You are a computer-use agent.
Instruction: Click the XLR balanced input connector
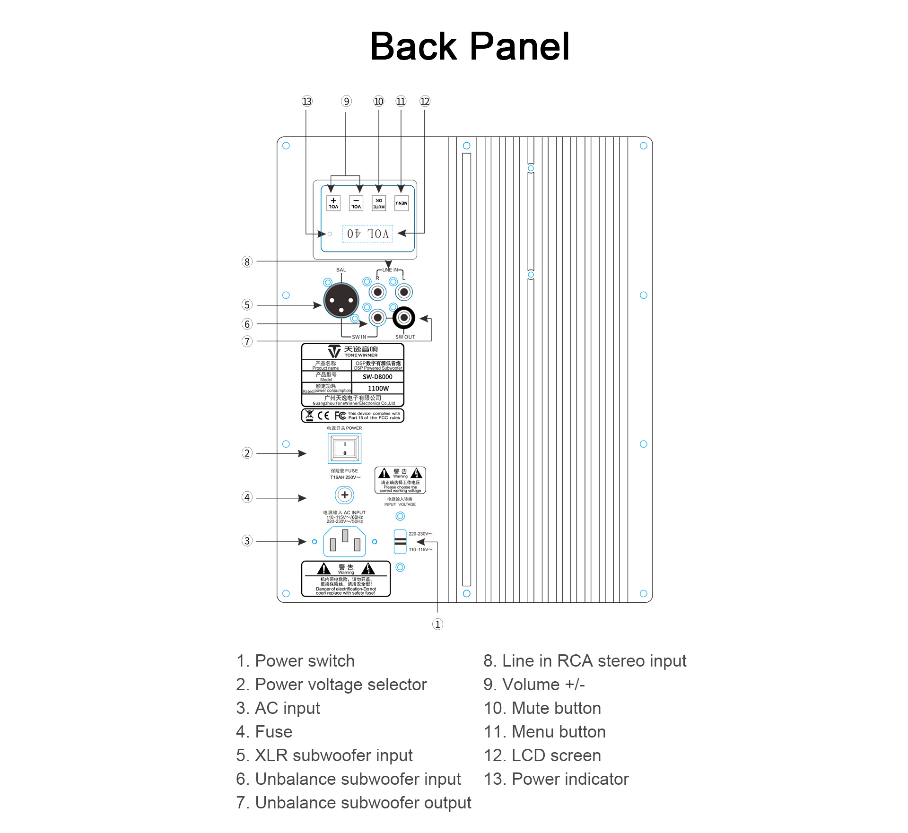(x=341, y=301)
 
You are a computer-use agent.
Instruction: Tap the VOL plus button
(x=333, y=203)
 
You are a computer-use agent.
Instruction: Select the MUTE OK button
(x=379, y=203)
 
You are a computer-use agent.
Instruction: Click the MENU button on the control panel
(x=402, y=203)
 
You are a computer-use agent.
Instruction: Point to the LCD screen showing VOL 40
(x=367, y=234)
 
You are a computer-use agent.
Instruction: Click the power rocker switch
(x=345, y=448)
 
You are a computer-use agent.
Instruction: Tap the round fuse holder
(x=345, y=495)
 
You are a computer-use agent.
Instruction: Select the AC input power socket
(x=345, y=542)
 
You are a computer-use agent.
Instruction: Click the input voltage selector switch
(x=400, y=541)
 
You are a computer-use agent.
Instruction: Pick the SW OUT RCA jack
(x=404, y=318)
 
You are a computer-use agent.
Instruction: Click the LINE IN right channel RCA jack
(x=377, y=292)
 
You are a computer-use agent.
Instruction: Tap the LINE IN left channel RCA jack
(x=404, y=292)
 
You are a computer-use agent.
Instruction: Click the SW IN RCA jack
(x=377, y=318)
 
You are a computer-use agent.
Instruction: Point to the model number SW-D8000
(x=377, y=377)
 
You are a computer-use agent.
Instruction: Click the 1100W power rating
(x=378, y=388)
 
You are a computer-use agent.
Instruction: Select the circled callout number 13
(x=307, y=101)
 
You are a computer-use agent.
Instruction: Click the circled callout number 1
(x=437, y=625)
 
